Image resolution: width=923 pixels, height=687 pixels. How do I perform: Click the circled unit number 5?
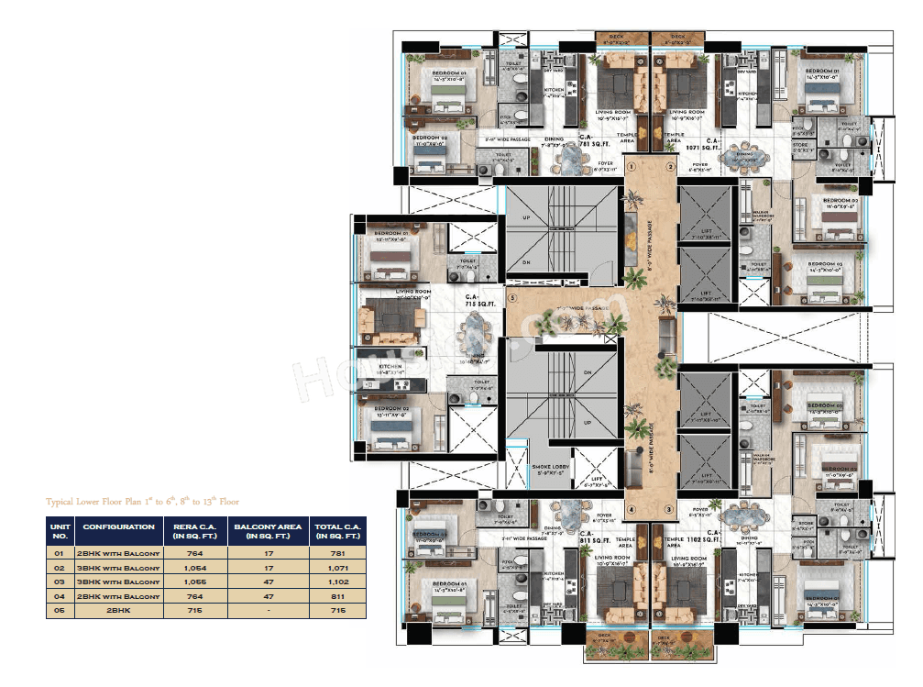513,297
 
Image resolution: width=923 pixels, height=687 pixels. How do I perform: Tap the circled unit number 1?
632,167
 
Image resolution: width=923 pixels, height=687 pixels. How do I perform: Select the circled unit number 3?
669,509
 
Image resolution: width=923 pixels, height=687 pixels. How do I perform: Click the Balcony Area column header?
267,531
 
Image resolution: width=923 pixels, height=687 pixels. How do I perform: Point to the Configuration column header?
118,527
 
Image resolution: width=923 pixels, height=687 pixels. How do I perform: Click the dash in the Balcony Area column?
267,610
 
